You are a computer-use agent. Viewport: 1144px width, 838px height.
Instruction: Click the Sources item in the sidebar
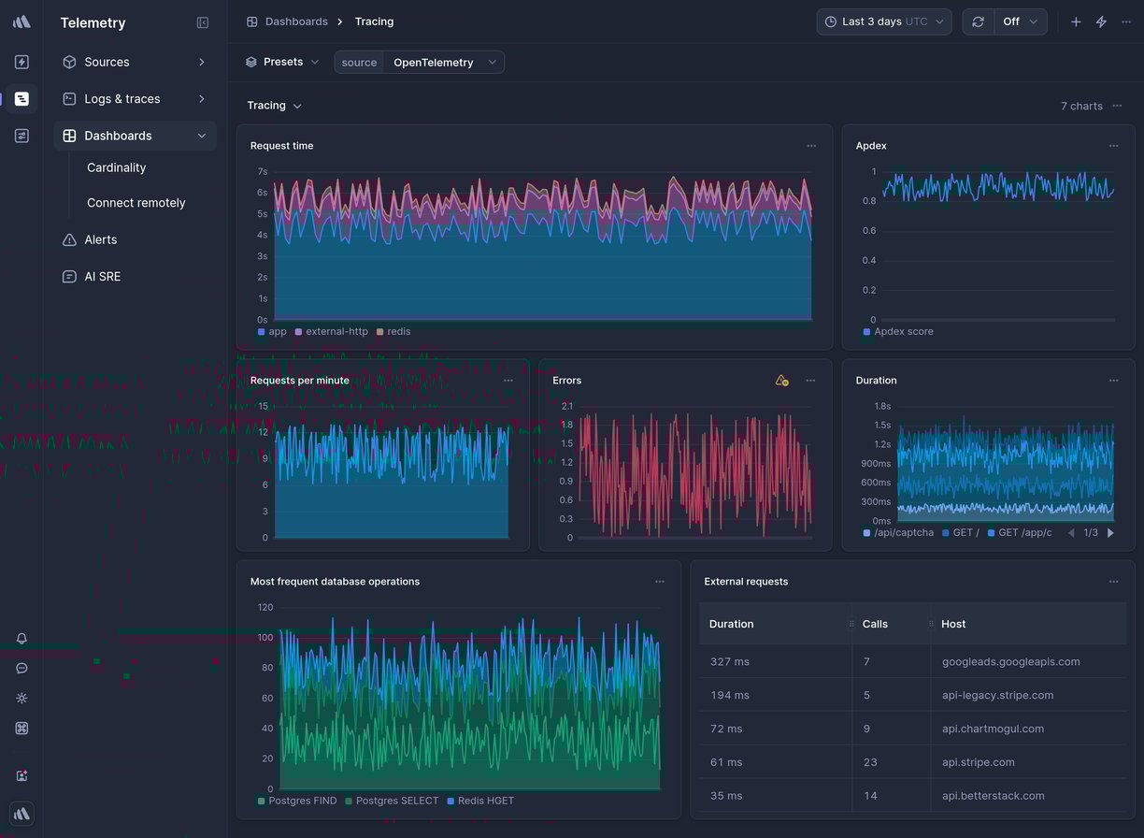pos(107,62)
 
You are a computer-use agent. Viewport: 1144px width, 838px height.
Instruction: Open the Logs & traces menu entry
pos(122,99)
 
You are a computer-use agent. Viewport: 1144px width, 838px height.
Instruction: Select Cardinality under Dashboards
pos(116,168)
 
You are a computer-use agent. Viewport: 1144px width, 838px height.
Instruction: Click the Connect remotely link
pos(136,203)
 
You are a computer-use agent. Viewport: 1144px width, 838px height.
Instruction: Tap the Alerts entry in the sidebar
pos(100,240)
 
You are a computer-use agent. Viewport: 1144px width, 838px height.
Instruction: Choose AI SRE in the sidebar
pos(102,277)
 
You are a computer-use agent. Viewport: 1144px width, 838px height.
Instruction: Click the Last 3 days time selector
pos(883,22)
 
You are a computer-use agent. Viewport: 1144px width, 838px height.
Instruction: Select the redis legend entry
pos(398,332)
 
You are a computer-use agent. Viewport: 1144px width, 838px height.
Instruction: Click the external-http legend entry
pos(336,332)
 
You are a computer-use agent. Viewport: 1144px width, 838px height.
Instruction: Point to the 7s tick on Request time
pos(263,172)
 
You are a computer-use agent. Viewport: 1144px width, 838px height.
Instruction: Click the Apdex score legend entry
pos(903,332)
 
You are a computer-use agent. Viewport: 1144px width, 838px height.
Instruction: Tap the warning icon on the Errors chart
pos(781,381)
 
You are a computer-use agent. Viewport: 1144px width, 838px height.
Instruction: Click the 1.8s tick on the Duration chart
pos(881,407)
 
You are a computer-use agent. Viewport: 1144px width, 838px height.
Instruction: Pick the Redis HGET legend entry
pos(485,802)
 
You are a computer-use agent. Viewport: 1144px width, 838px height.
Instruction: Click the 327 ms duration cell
pos(729,662)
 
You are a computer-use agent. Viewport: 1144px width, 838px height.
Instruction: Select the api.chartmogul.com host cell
pos(993,730)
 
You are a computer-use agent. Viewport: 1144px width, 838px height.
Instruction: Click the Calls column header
pos(875,625)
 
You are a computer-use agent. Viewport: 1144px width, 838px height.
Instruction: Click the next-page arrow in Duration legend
pos(1110,533)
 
